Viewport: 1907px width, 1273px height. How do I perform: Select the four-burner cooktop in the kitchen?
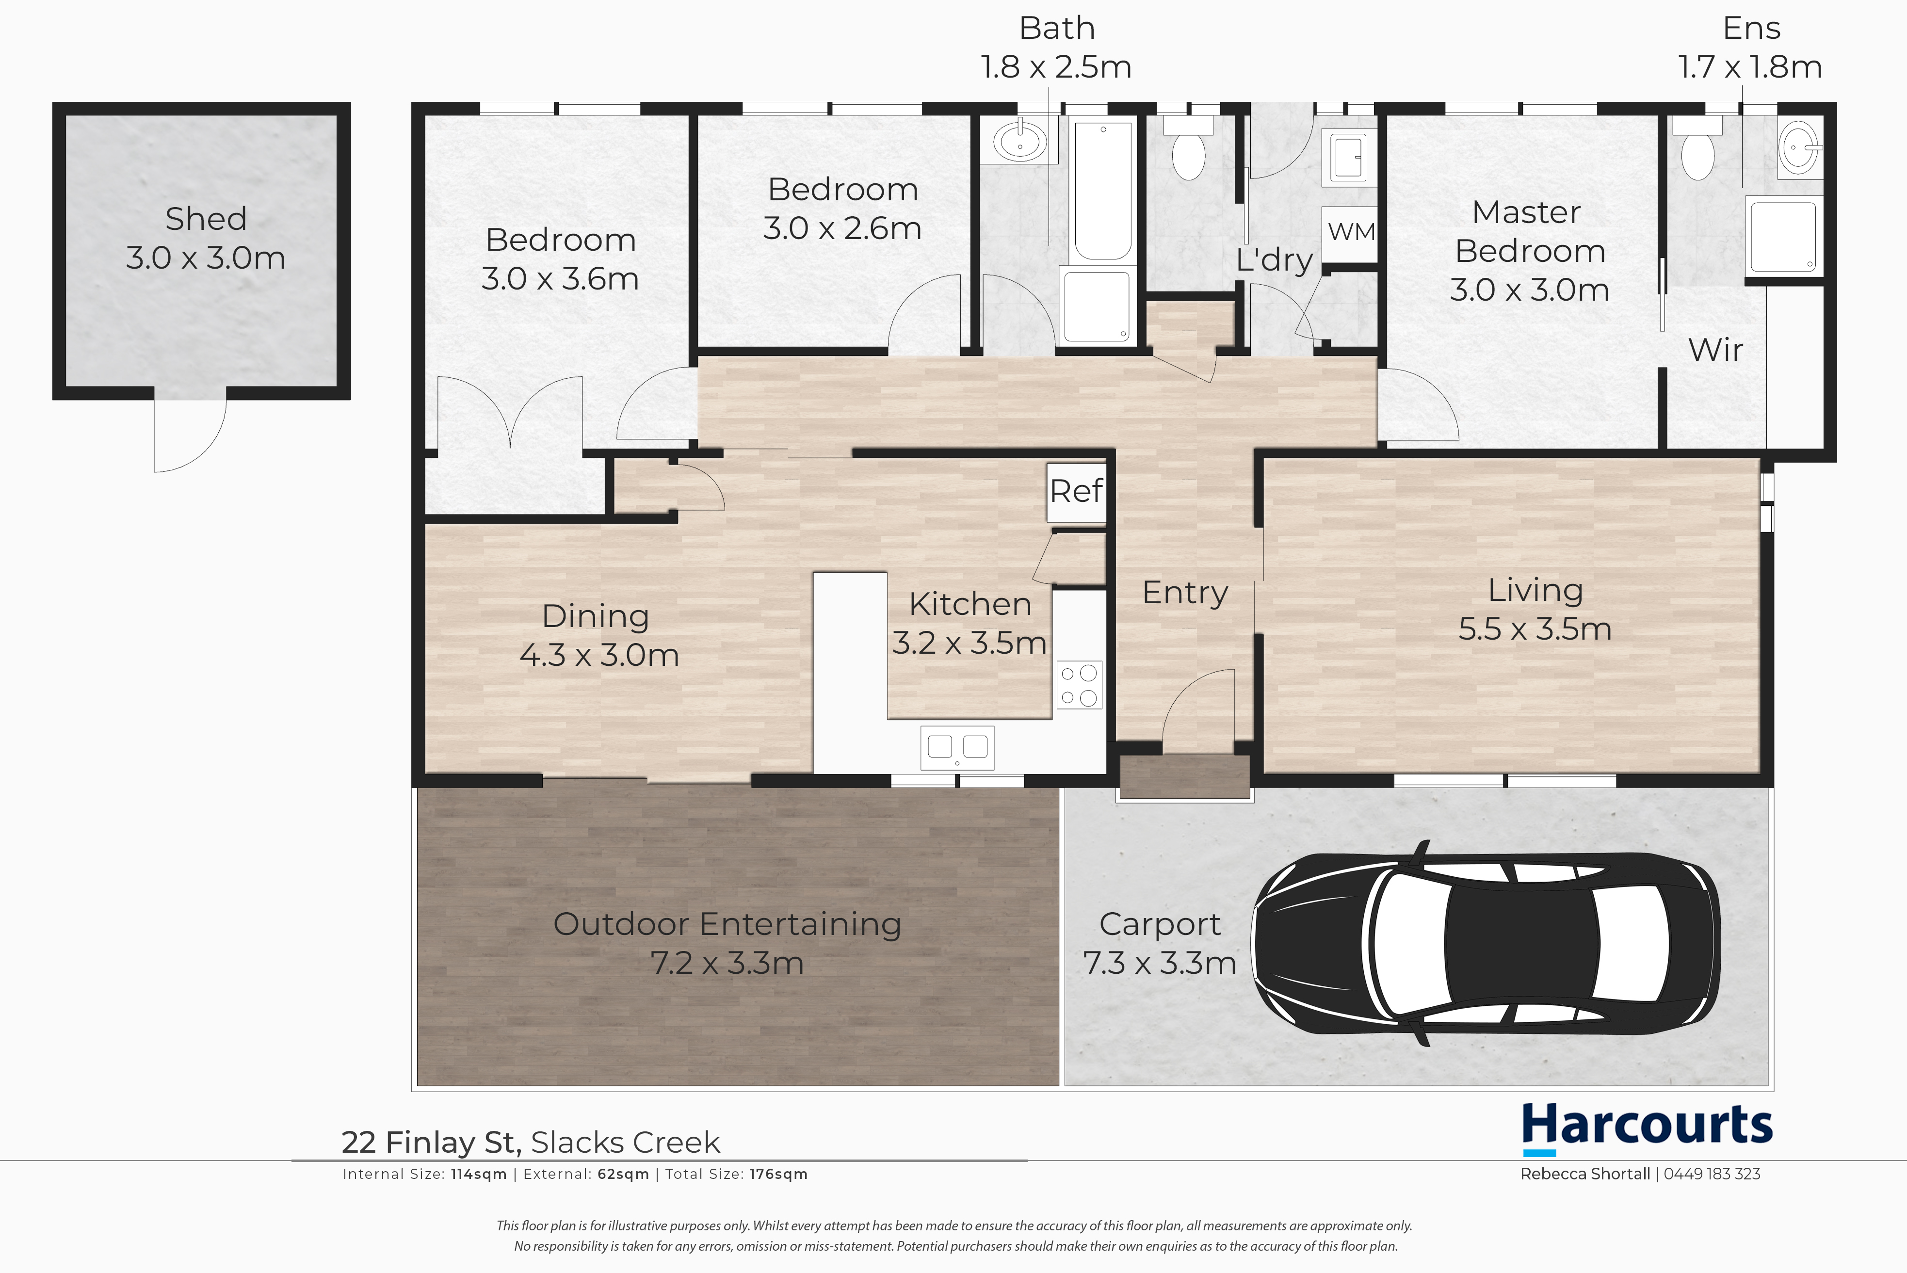coord(1079,684)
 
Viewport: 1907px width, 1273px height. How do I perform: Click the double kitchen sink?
coord(957,747)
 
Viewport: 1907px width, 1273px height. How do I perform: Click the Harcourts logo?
coord(1647,1128)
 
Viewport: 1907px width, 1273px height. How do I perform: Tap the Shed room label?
coord(205,218)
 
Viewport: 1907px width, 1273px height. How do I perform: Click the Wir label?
coord(1715,350)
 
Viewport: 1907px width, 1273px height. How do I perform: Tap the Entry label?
coord(1184,594)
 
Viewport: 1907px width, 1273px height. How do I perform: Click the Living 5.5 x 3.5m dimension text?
coord(1535,629)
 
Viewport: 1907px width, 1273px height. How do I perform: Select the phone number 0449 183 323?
coord(1712,1174)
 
